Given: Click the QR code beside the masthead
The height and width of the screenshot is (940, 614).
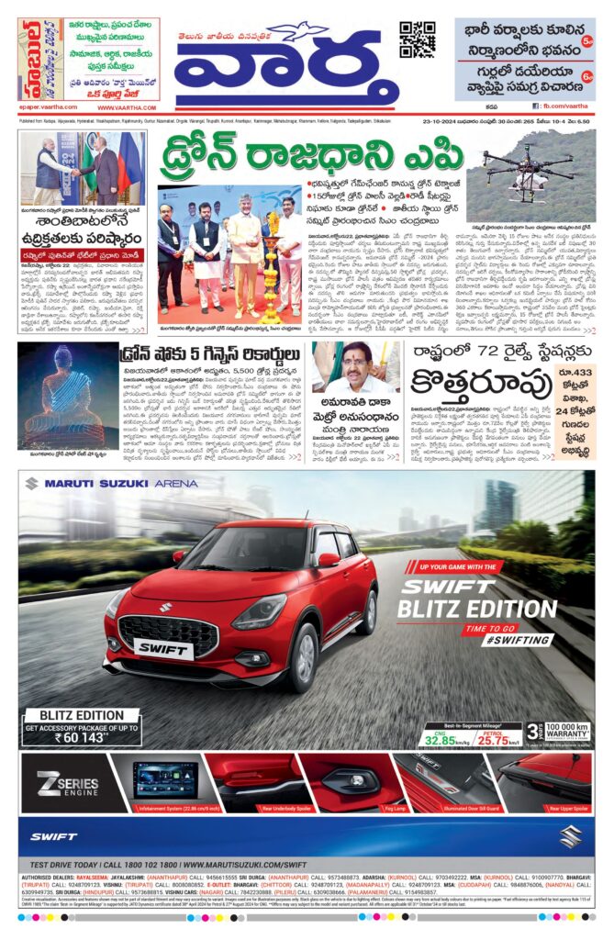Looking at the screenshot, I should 417,39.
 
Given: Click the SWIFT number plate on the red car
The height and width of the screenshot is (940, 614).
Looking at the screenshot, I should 163,649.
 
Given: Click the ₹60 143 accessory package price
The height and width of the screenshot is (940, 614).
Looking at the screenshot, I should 82,735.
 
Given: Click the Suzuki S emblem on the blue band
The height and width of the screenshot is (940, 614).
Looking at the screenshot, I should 571,835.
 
